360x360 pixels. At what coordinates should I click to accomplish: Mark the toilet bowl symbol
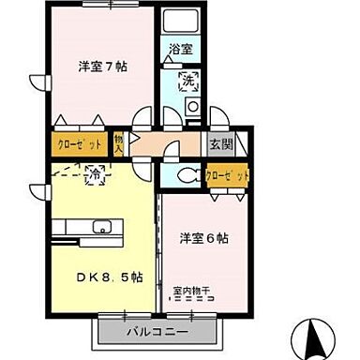(x=185, y=175)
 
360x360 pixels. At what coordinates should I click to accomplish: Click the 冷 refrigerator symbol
(x=95, y=173)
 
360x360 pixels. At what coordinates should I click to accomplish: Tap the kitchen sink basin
(x=102, y=228)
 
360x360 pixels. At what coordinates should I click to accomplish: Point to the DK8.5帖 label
(x=110, y=277)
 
